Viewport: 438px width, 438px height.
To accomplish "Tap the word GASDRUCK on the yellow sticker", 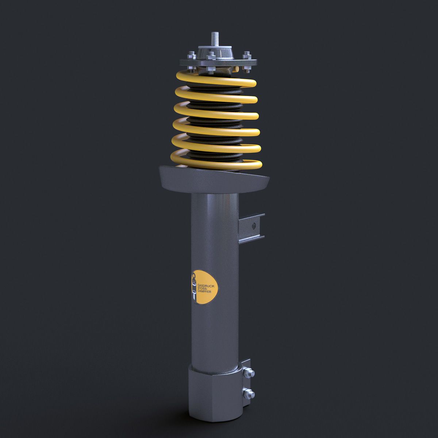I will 207,283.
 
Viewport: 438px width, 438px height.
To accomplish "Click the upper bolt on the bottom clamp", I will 250,373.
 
